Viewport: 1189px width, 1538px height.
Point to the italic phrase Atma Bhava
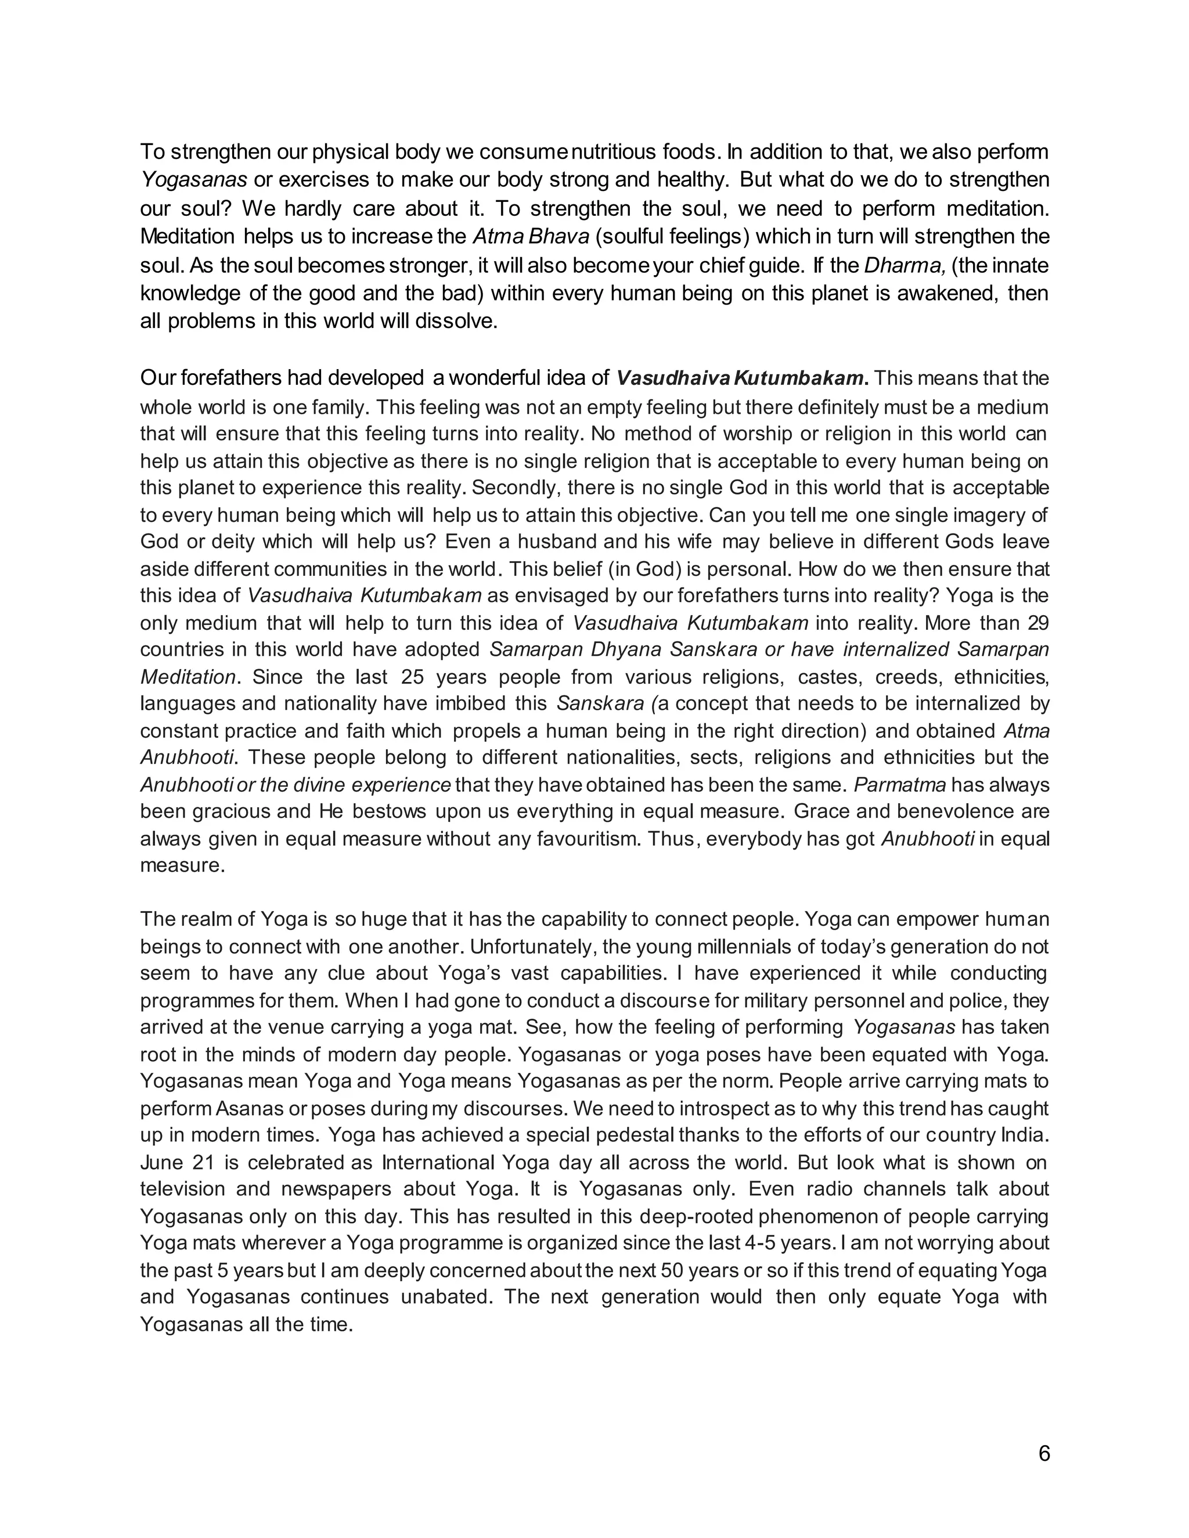531,237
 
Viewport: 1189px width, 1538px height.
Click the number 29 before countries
1037,623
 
